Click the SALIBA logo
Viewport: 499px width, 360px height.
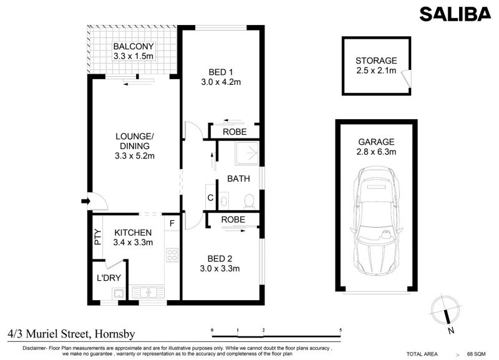click(x=455, y=14)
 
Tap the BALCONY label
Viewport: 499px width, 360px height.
click(x=133, y=46)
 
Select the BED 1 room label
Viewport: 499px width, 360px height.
click(x=221, y=72)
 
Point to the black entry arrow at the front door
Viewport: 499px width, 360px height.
click(x=86, y=201)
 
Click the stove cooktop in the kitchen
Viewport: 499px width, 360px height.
click(x=172, y=255)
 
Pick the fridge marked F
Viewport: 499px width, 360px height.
click(x=172, y=223)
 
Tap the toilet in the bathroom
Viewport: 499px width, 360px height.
click(x=249, y=202)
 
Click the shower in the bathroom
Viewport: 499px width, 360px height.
click(x=247, y=153)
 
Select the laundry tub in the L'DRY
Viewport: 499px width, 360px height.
click(x=119, y=293)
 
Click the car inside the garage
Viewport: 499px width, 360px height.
click(x=377, y=220)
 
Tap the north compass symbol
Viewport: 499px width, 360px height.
click(x=446, y=312)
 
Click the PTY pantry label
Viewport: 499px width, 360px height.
click(x=98, y=237)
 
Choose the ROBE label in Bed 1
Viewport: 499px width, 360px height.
click(x=235, y=132)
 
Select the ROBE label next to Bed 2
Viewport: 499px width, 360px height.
click(x=233, y=220)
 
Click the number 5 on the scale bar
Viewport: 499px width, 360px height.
click(x=341, y=330)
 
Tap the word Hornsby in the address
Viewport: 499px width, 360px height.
click(x=115, y=334)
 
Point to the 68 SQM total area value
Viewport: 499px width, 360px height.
click(x=476, y=354)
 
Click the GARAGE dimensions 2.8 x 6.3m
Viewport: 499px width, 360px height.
click(x=376, y=152)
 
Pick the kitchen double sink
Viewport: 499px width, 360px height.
click(x=148, y=293)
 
